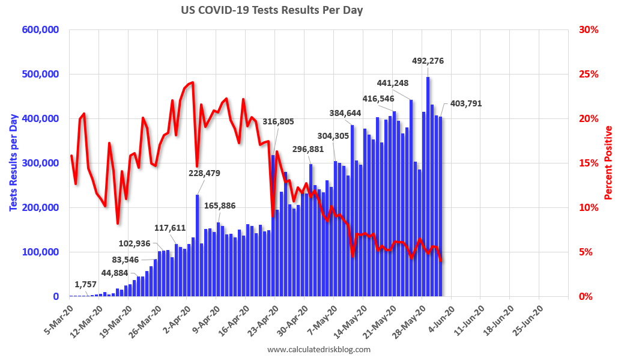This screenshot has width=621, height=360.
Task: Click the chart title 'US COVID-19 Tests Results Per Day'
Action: tap(271, 10)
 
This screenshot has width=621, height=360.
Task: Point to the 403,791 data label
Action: tap(463, 103)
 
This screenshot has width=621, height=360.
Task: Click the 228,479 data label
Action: tap(204, 173)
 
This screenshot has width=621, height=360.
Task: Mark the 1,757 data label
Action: tap(86, 284)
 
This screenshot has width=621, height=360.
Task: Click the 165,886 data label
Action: tap(219, 206)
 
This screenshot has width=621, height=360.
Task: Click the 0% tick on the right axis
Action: tap(585, 296)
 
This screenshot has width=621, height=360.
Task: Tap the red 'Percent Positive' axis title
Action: tap(608, 163)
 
